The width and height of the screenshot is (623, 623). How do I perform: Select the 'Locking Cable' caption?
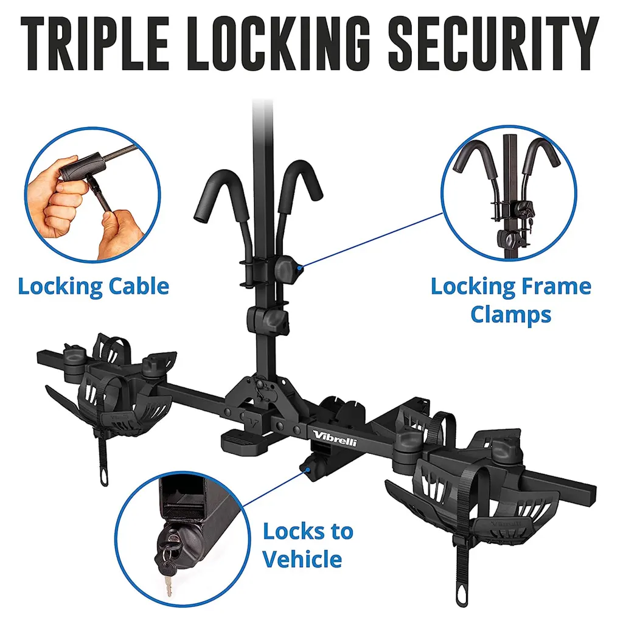pos(93,285)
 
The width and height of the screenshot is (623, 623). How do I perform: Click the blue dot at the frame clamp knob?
pos(301,265)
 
